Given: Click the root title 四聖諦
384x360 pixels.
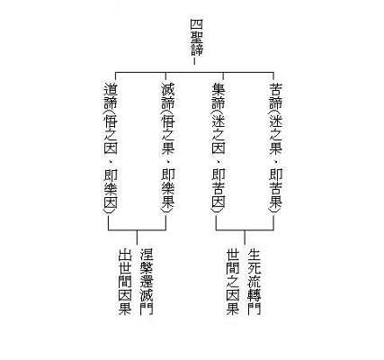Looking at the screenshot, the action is [x=197, y=38].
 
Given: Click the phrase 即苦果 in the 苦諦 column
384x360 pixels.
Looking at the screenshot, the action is [x=275, y=188].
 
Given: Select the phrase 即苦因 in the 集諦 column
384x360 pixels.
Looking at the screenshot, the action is [x=219, y=188].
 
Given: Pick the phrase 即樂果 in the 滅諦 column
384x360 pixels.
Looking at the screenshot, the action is [x=168, y=188].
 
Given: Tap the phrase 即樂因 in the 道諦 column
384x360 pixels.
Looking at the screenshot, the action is [x=111, y=188].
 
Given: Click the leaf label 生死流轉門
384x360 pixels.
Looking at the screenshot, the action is [x=255, y=282].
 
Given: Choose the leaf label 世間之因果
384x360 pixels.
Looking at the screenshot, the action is [x=233, y=282].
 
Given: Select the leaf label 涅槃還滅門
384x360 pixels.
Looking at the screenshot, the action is [x=147, y=282].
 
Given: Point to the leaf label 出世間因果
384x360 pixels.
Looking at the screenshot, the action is [x=125, y=282].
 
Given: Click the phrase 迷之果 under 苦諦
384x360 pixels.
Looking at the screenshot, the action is [x=275, y=135].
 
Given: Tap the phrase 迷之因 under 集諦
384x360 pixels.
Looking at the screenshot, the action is [x=219, y=135].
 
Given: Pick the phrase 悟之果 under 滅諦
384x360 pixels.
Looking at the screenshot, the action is [x=168, y=135].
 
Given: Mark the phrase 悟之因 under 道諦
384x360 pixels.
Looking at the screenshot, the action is [x=111, y=135].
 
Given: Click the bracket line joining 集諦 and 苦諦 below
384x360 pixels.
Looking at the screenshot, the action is [x=245, y=230].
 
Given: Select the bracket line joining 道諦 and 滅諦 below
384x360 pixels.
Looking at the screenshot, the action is [x=137, y=230].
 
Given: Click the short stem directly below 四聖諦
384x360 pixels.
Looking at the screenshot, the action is [x=194, y=61].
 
